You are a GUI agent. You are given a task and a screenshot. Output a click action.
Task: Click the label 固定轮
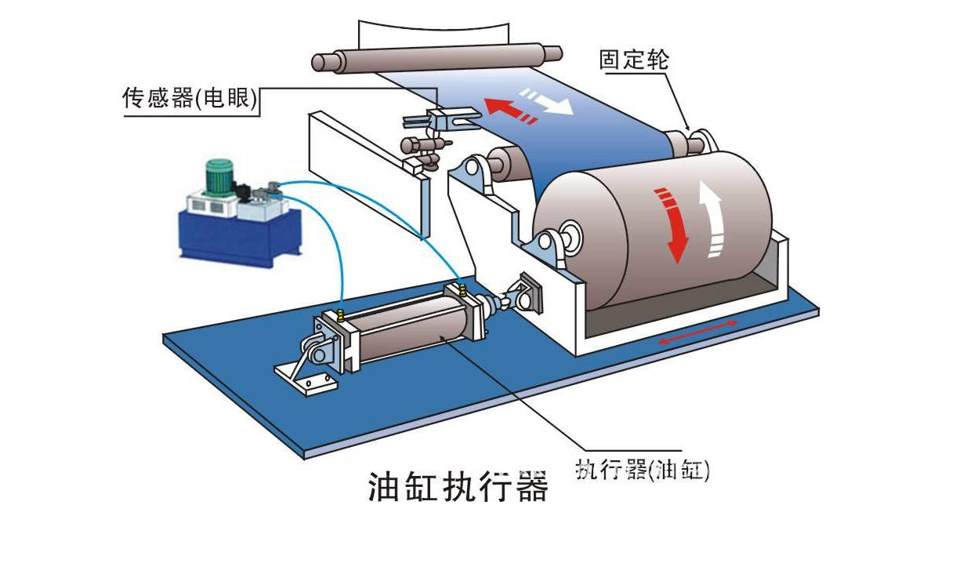tap(634, 60)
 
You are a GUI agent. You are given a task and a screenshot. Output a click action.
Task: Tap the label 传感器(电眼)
tap(191, 99)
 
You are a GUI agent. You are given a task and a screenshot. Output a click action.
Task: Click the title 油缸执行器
tap(458, 486)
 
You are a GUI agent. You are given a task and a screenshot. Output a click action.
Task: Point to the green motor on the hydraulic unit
tap(219, 176)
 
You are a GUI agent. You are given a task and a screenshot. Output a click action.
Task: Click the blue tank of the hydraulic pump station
tap(239, 235)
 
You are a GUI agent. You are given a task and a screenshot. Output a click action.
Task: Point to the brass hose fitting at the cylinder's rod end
tap(463, 291)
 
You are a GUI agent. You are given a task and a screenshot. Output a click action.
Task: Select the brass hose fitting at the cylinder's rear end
tap(342, 315)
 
